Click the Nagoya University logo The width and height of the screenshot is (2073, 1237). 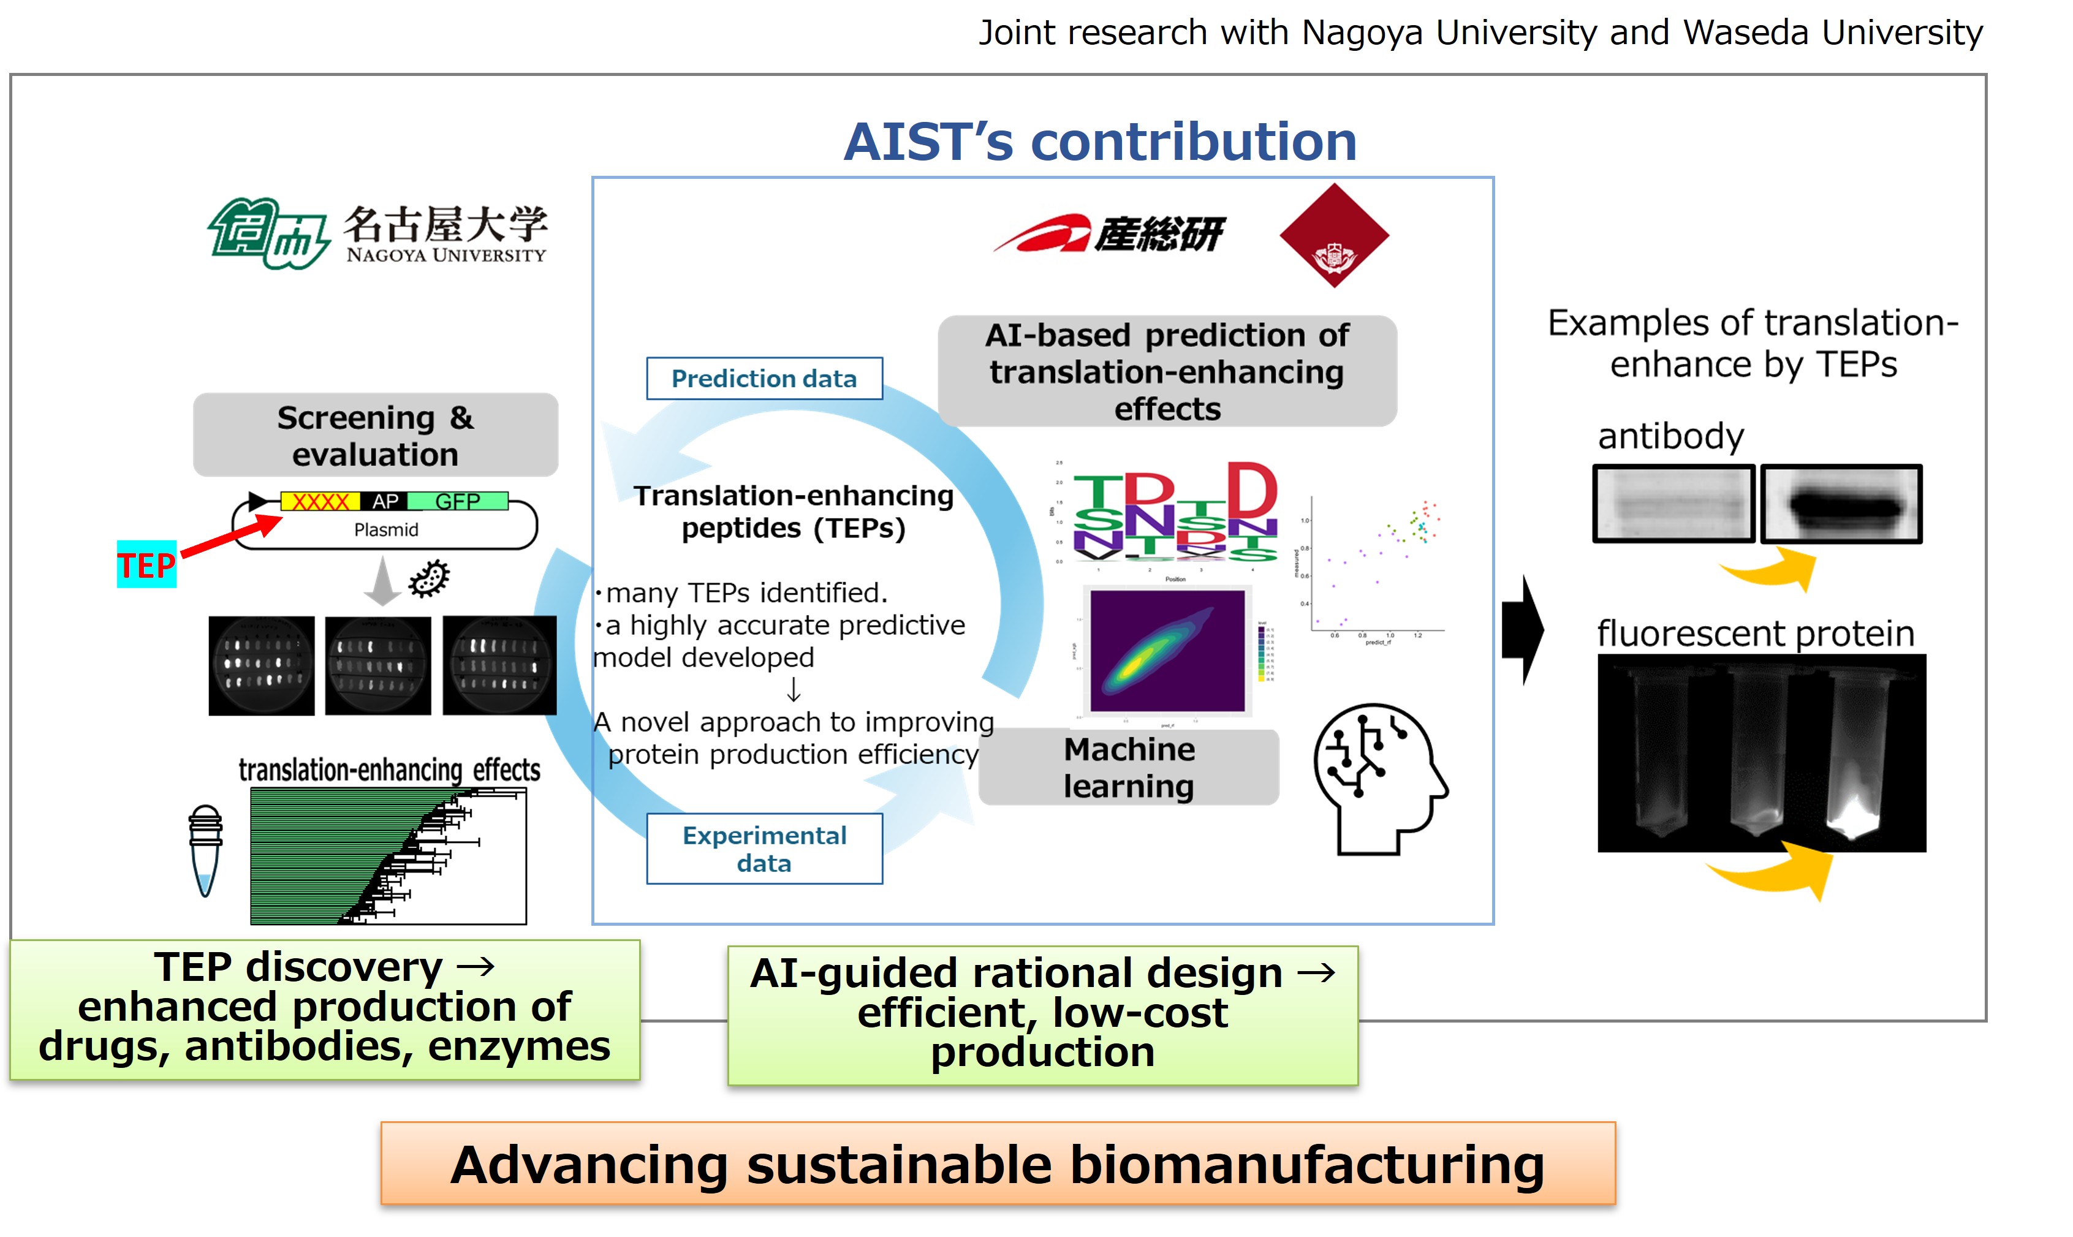[377, 233]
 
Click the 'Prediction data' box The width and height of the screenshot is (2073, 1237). [764, 379]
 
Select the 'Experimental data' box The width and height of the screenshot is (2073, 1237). [764, 849]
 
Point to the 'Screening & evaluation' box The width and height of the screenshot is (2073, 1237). [375, 435]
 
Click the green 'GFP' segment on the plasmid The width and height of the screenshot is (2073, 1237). [458, 501]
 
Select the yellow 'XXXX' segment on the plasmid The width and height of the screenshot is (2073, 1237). [320, 501]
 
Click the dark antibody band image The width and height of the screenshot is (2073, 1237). [1840, 504]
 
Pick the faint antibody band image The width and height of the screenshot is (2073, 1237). [1673, 504]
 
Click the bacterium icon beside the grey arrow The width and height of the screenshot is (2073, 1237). [430, 578]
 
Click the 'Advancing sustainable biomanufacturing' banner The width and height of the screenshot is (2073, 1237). [997, 1163]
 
